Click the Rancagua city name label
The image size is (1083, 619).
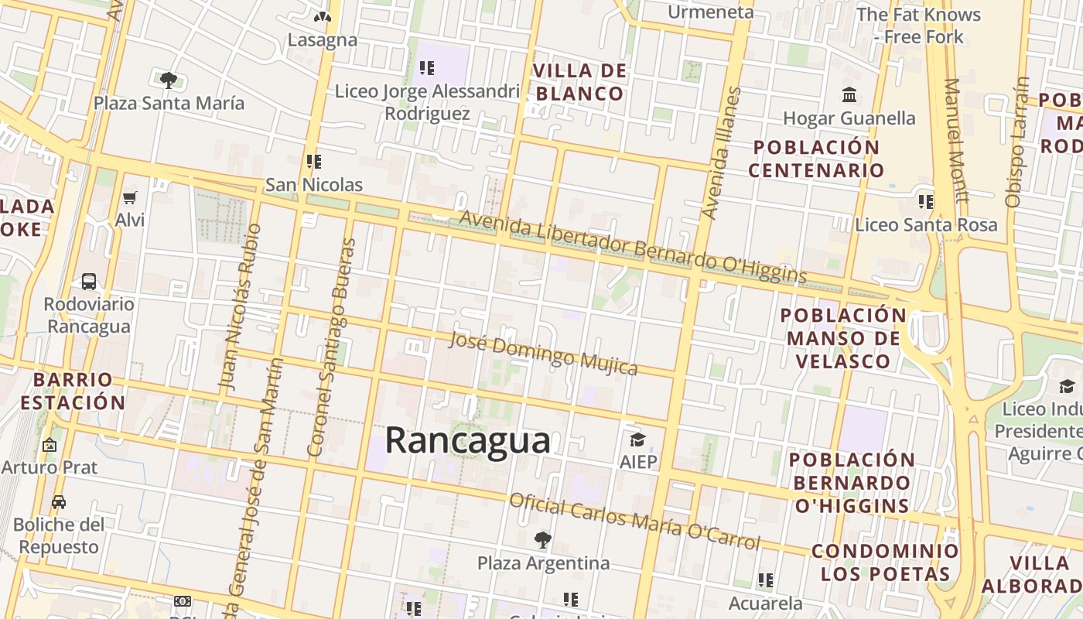tap(467, 440)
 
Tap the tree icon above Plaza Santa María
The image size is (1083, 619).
tap(168, 80)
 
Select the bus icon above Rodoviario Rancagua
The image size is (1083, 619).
tap(89, 282)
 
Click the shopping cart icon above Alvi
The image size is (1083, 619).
tap(130, 198)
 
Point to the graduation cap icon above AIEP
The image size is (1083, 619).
tap(637, 440)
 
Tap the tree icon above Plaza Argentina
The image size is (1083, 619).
tap(543, 539)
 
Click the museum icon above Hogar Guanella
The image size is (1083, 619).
tap(849, 96)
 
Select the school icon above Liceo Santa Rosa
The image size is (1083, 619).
tap(925, 202)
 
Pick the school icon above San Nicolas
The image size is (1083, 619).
tap(314, 162)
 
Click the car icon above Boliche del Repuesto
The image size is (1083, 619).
tap(59, 502)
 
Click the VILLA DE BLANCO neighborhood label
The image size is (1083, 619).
tap(579, 83)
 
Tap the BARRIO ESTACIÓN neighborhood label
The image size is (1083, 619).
tap(73, 392)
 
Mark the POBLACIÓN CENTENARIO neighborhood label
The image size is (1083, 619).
tap(816, 159)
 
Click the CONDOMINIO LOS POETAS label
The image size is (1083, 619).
tap(885, 563)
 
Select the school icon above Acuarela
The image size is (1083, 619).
tap(766, 580)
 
